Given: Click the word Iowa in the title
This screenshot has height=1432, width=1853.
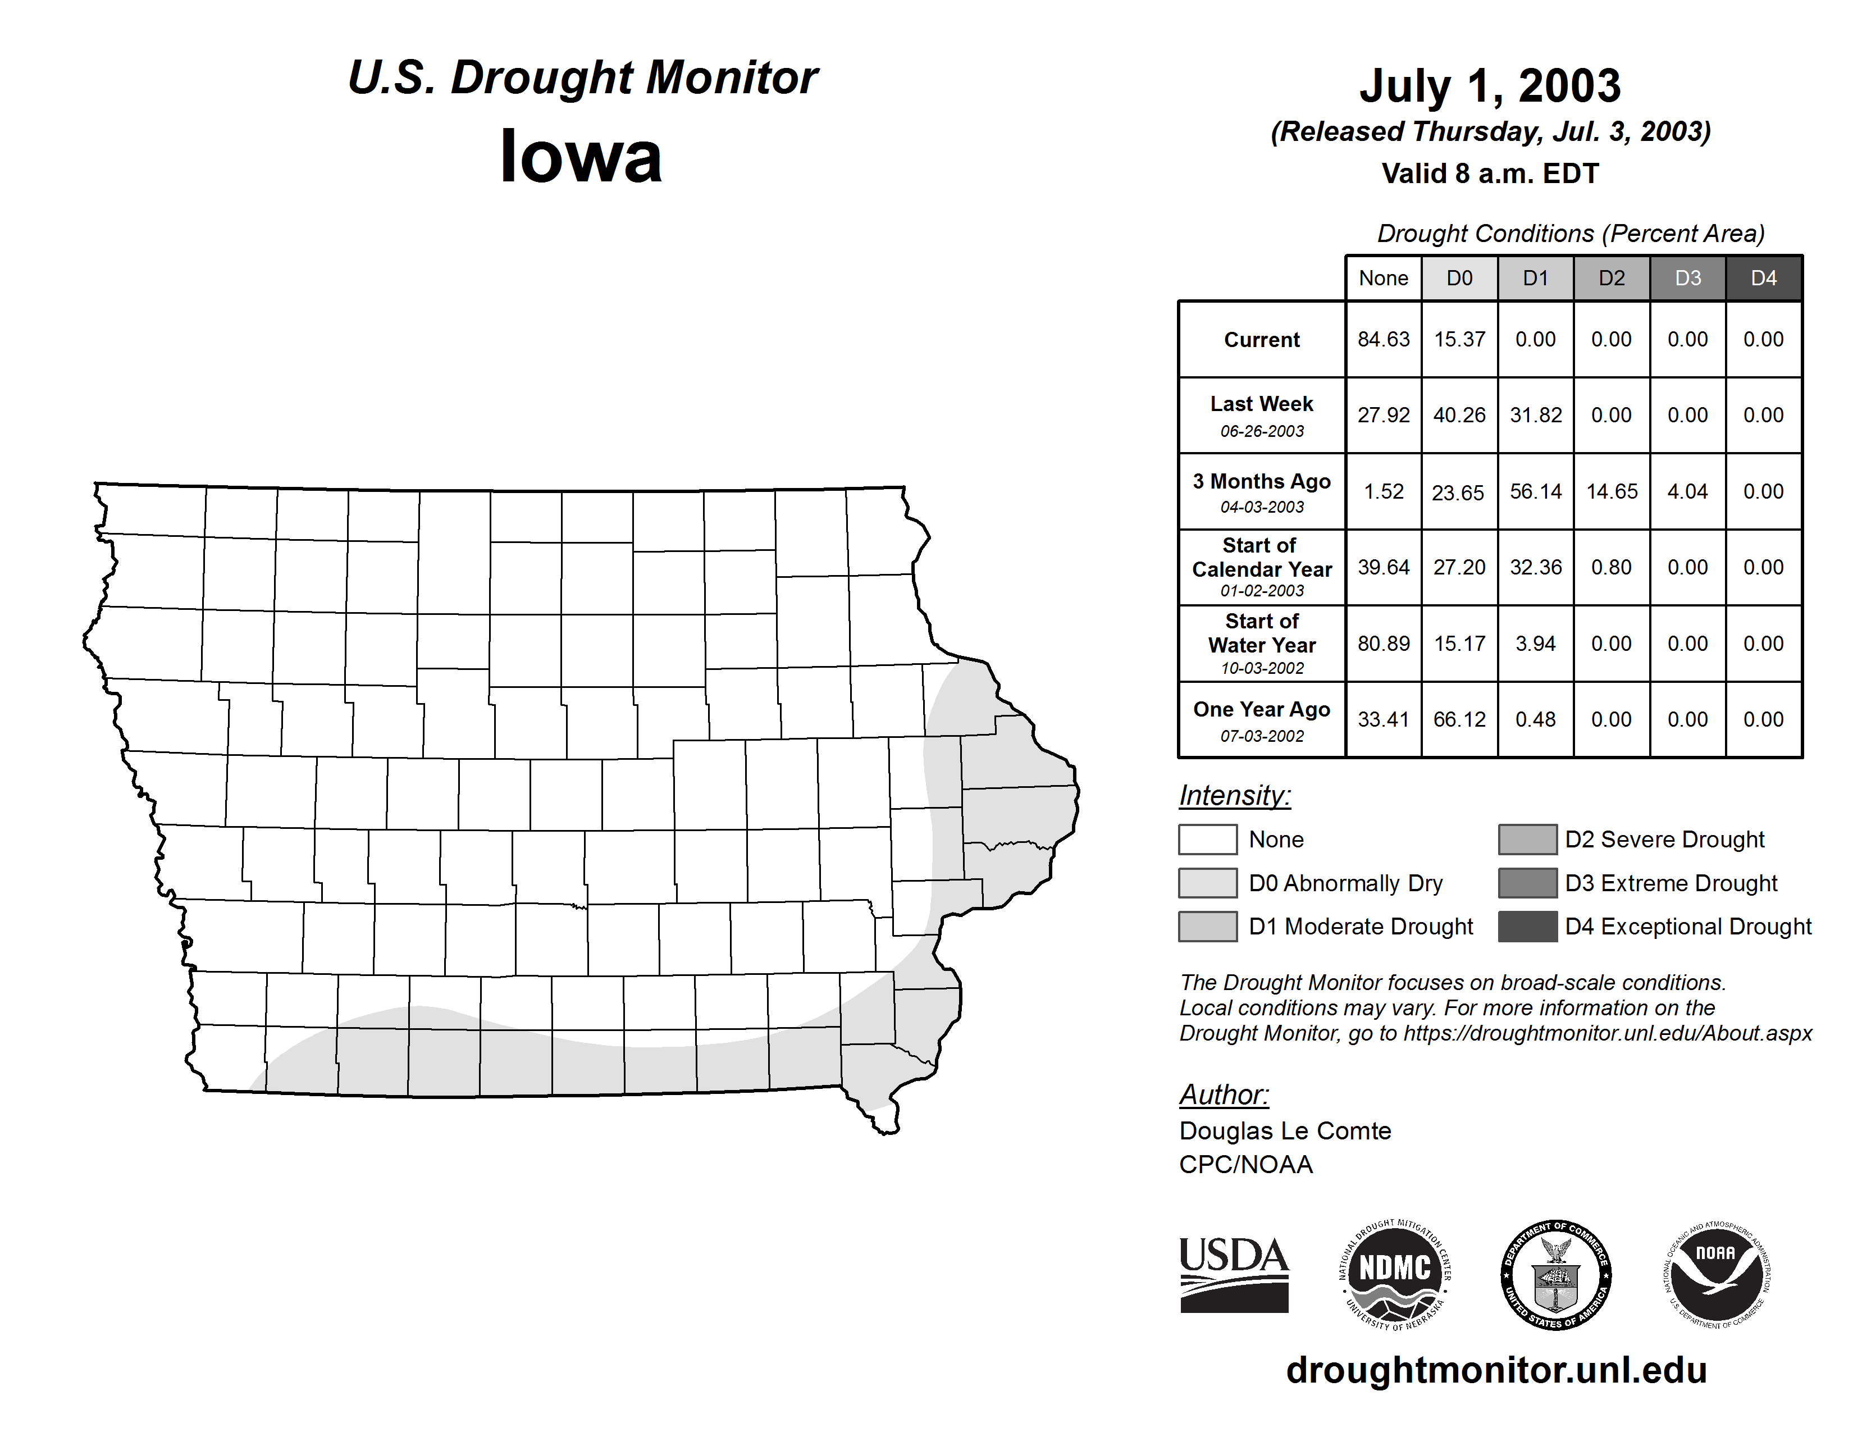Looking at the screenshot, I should [x=581, y=156].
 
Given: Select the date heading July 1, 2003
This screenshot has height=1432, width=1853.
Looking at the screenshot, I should [x=1490, y=86].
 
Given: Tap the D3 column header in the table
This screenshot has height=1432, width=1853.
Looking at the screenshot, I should [x=1687, y=278].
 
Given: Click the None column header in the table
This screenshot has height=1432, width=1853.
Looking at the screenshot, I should [x=1383, y=278].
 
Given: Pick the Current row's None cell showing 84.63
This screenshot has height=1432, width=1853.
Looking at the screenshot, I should [x=1383, y=339].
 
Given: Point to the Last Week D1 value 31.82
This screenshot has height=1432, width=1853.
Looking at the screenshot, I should [x=1536, y=415].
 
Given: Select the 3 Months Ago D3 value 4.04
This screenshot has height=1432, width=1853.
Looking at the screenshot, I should [x=1687, y=491].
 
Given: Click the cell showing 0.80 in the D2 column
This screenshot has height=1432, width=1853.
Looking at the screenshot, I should [x=1611, y=567].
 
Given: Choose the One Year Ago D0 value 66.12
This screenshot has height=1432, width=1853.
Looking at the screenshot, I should [x=1459, y=719].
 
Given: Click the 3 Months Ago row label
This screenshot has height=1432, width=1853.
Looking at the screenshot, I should [x=1262, y=491].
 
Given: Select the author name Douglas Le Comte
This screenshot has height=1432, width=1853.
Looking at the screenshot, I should [x=1285, y=1131].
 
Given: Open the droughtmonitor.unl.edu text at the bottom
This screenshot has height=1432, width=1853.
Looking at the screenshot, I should [x=1496, y=1370].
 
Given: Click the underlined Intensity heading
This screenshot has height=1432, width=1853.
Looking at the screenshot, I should [x=1234, y=796].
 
